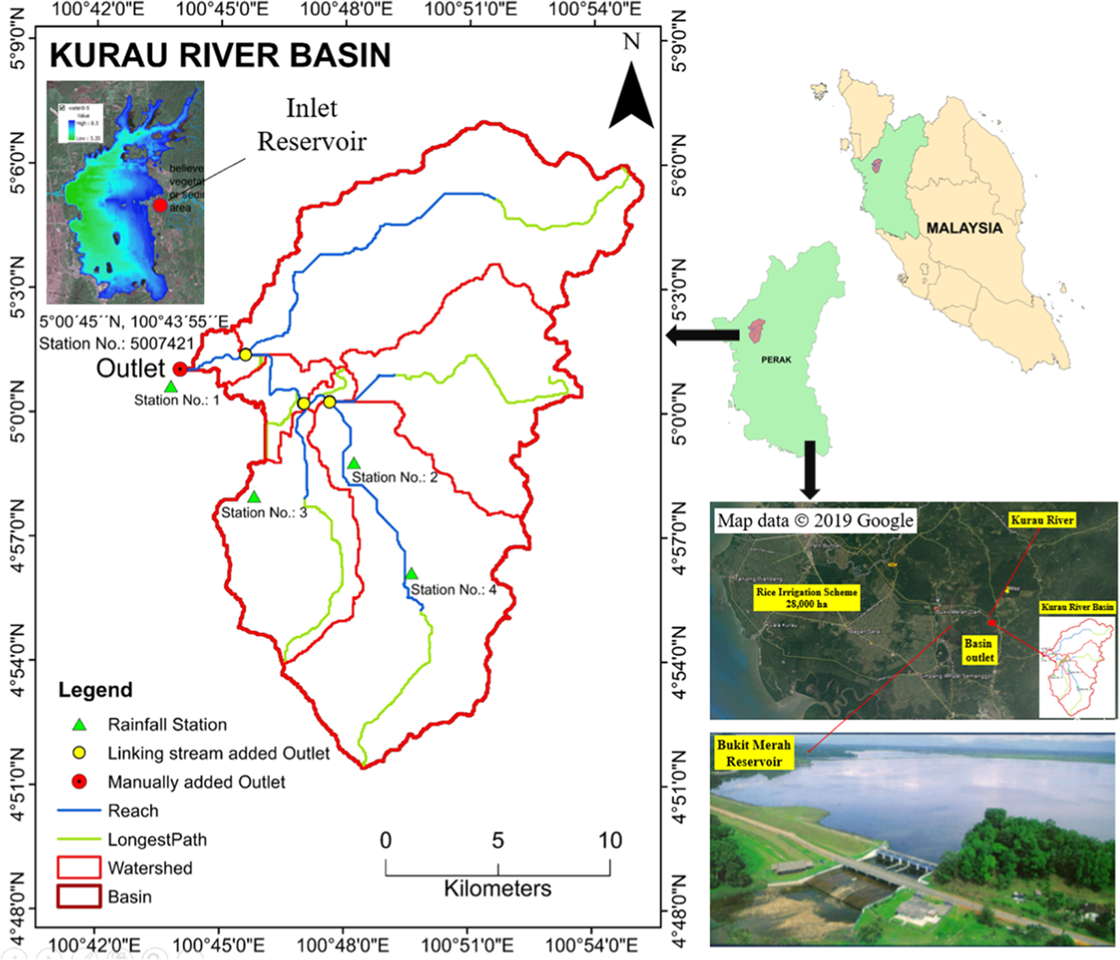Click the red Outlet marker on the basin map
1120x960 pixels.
click(x=179, y=369)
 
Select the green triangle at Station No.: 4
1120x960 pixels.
click(x=411, y=574)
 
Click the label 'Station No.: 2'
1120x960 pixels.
click(x=394, y=477)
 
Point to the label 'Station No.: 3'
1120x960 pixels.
click(x=264, y=513)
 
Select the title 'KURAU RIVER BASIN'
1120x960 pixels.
click(x=220, y=55)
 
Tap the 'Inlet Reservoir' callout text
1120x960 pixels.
click(x=312, y=125)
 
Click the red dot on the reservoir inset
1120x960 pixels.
click(x=160, y=205)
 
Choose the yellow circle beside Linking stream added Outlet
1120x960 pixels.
click(x=79, y=753)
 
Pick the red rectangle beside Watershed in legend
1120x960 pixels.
click(x=79, y=867)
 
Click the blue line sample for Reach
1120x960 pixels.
click(x=79, y=811)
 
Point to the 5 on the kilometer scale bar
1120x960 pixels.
click(x=498, y=841)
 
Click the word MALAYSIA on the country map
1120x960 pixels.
click(x=964, y=228)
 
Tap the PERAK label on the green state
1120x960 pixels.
click(x=776, y=359)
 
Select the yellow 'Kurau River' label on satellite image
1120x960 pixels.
click(x=1042, y=520)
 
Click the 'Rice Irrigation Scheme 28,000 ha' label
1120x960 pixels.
click(x=806, y=598)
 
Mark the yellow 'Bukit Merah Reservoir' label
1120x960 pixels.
click(x=754, y=753)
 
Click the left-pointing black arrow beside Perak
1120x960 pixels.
click(x=703, y=335)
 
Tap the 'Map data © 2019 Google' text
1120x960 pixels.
click(x=815, y=521)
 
